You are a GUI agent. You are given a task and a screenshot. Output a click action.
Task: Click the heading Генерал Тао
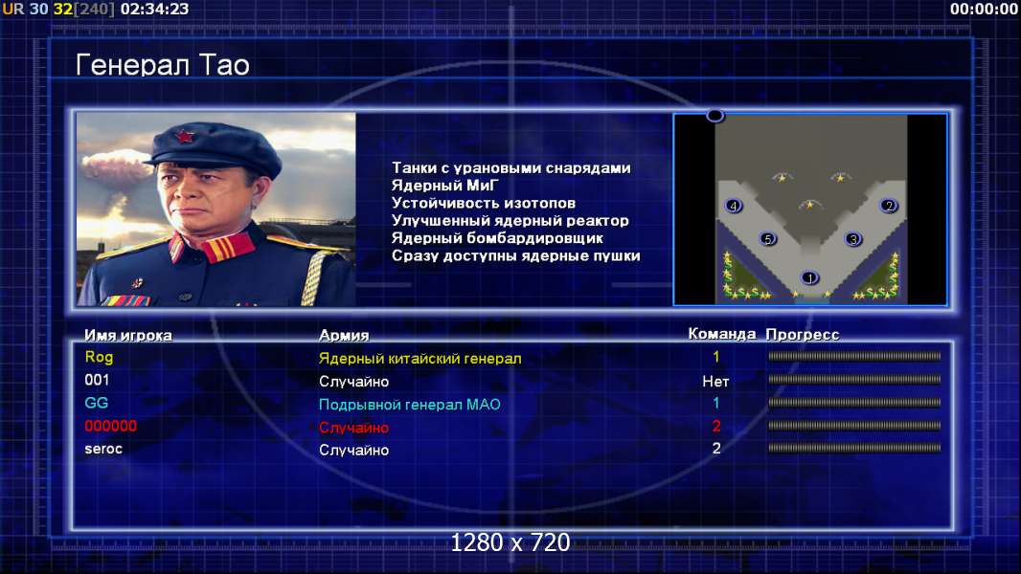[x=162, y=65]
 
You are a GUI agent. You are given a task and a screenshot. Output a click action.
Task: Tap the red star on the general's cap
[x=184, y=137]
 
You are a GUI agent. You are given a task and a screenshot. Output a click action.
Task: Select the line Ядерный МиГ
[x=444, y=186]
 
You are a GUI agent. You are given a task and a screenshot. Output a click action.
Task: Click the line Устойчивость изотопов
[x=483, y=203]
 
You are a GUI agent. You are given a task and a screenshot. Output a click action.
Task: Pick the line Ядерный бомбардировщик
[x=497, y=238]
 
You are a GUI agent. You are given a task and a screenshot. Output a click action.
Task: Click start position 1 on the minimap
[x=809, y=277]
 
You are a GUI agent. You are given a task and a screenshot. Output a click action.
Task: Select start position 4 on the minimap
[x=734, y=206]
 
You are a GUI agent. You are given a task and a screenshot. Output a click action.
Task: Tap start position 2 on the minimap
[x=889, y=206]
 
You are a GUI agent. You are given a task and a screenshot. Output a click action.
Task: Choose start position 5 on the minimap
[x=768, y=239]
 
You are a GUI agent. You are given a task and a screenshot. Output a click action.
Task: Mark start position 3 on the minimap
[x=853, y=239]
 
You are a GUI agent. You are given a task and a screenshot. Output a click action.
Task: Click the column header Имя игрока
[x=128, y=336]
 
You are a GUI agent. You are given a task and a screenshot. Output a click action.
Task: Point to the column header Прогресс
[x=803, y=334]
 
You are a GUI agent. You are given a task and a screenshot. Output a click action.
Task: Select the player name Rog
[x=99, y=357]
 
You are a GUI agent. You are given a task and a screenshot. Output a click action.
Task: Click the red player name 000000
[x=111, y=426]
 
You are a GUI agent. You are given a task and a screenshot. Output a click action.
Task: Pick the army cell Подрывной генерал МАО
[x=410, y=405]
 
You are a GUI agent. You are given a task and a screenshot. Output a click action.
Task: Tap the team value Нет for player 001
[x=715, y=382]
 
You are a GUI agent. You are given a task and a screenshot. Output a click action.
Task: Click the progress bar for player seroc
[x=854, y=448]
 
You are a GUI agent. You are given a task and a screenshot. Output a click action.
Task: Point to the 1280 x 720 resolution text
[x=510, y=542]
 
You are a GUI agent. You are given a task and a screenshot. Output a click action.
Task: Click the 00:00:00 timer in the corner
[x=984, y=10]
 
